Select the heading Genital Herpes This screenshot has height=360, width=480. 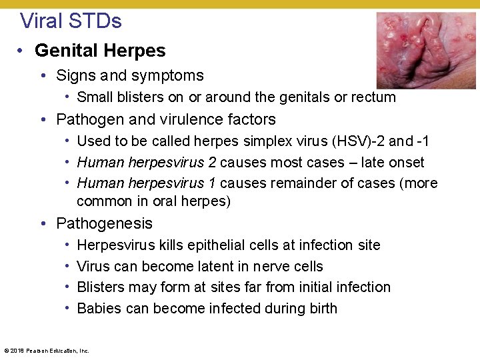click(100, 51)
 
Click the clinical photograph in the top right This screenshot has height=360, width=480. click(426, 50)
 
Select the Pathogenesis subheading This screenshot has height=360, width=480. click(104, 223)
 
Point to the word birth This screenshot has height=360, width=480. click(321, 309)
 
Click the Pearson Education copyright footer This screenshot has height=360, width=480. click(46, 350)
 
